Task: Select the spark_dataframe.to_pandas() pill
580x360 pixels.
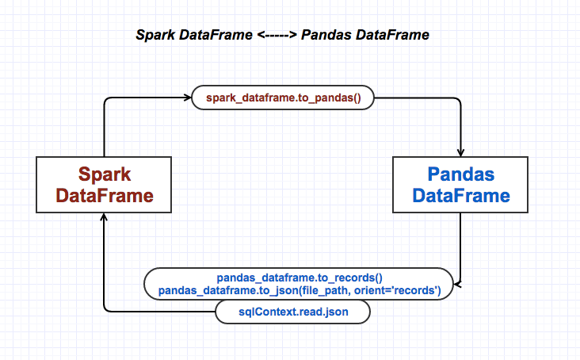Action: pos(283,99)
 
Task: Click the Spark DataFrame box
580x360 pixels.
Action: pos(104,184)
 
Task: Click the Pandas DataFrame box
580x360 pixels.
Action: pos(461,184)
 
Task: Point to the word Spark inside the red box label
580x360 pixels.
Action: pos(104,174)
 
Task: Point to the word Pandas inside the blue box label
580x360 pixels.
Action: pos(461,174)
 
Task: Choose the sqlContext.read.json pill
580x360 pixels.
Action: pos(294,312)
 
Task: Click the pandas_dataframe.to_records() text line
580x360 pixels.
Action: pos(300,278)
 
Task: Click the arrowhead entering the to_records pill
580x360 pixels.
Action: pos(456,284)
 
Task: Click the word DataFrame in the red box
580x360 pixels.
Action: pos(104,195)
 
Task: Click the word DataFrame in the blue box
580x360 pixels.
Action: pos(461,195)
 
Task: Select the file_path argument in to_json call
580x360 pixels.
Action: pos(325,290)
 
